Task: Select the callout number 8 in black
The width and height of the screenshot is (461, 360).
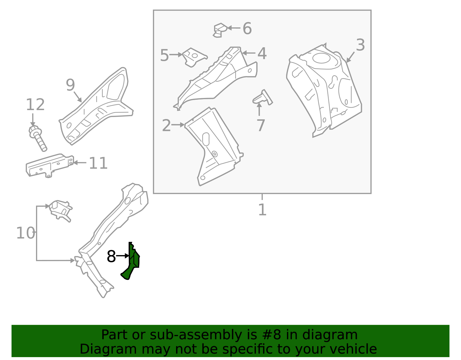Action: (111, 256)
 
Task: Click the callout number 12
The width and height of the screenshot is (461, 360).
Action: (35, 105)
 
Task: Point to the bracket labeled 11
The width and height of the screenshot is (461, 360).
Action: (49, 165)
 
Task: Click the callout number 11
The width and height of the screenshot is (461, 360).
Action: (98, 163)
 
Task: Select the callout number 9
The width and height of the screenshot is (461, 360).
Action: (70, 85)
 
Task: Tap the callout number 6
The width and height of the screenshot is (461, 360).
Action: (247, 29)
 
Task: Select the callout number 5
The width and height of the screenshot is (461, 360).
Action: (164, 55)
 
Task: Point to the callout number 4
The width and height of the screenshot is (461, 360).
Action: (262, 54)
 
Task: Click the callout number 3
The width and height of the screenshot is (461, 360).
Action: (360, 45)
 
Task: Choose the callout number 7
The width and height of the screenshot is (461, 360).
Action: (260, 126)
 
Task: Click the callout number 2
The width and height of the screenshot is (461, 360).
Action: (166, 126)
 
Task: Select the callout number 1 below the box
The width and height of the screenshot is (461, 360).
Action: (262, 210)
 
